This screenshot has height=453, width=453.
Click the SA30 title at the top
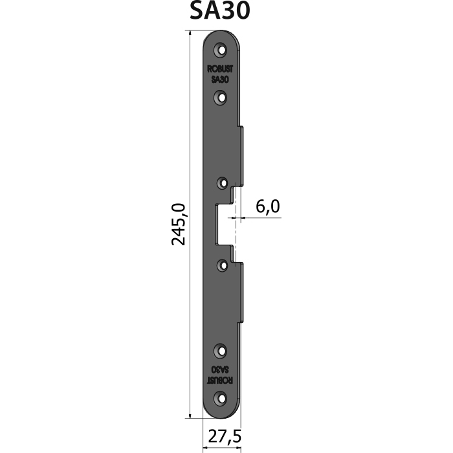(220, 11)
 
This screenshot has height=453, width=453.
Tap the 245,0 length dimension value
(179, 225)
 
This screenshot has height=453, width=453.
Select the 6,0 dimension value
(268, 206)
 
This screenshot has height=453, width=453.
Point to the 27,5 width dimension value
(225, 436)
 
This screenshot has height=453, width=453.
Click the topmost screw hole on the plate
(221, 50)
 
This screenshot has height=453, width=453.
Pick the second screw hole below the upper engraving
(221, 98)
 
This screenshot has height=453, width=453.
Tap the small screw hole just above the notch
(223, 183)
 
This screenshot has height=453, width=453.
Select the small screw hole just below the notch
(223, 265)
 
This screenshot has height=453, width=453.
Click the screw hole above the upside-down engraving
(221, 351)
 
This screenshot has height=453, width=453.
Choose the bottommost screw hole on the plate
(221, 399)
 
